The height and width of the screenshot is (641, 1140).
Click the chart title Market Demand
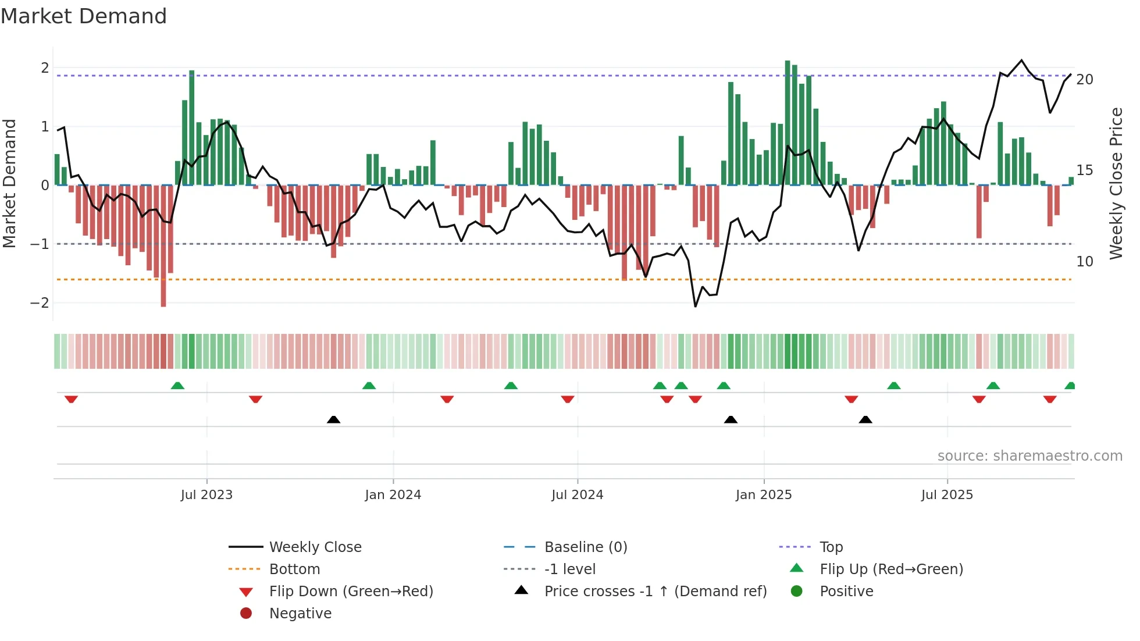coord(84,16)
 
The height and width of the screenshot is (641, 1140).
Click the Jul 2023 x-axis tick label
coord(206,495)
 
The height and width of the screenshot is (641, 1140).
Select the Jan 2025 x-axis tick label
coord(763,495)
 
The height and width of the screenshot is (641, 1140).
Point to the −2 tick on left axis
coord(40,302)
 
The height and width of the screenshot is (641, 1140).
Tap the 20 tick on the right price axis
coord(1084,80)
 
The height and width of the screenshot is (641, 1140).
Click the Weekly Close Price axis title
coord(1116,183)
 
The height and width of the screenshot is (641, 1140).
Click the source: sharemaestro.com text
coord(1029,456)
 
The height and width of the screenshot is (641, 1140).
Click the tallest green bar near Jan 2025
coord(788,122)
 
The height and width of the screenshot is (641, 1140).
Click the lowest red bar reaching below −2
coord(163,245)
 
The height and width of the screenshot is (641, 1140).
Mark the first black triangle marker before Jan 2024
coord(333,419)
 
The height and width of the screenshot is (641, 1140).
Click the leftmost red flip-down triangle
coord(71,399)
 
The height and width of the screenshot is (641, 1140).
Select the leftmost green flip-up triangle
coord(177,386)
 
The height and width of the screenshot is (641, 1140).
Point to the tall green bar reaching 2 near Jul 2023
coord(192,128)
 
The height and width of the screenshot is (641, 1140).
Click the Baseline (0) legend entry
coord(585,547)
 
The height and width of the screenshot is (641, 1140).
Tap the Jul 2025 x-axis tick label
coord(947,495)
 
